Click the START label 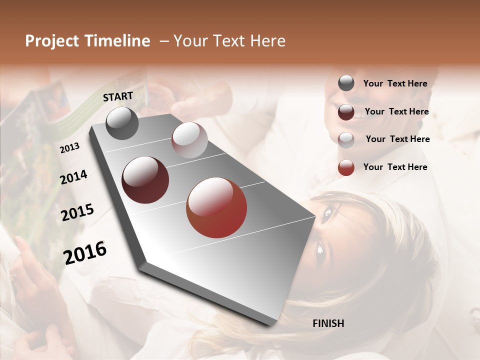(118, 96)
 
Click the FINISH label (328, 323)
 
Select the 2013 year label (70, 148)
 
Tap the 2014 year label (74, 177)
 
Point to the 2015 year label (77, 212)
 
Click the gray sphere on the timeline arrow (122, 123)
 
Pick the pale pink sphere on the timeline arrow (189, 140)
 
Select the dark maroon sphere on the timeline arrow (145, 180)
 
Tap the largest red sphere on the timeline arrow (216, 207)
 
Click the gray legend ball (346, 83)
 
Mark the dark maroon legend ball (346, 112)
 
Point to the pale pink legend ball (346, 139)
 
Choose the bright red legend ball (346, 167)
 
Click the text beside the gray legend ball (395, 84)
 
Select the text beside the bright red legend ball (395, 167)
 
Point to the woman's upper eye (327, 214)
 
